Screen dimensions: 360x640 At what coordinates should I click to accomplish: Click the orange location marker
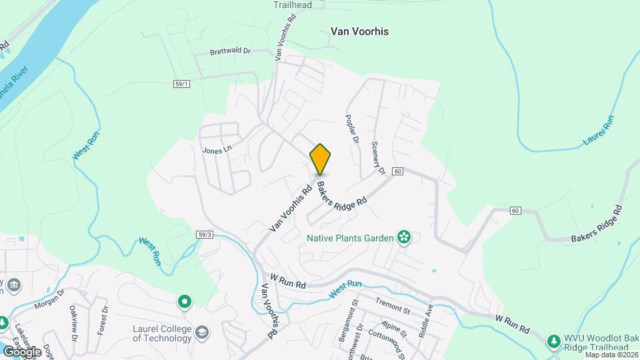pyautogui.click(x=320, y=159)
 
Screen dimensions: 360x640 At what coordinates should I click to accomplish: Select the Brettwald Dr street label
pyautogui.click(x=229, y=51)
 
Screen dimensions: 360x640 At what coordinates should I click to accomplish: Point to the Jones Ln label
pyautogui.click(x=216, y=150)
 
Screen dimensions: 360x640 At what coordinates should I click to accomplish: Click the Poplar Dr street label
pyautogui.click(x=351, y=128)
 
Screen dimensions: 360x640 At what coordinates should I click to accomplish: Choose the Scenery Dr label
pyautogui.click(x=379, y=157)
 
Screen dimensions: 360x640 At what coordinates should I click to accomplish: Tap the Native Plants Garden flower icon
pyautogui.click(x=403, y=237)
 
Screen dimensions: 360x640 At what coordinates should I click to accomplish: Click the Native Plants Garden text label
pyautogui.click(x=350, y=237)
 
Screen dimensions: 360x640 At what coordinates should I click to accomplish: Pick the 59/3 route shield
pyautogui.click(x=205, y=234)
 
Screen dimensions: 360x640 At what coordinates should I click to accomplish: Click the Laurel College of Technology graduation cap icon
pyautogui.click(x=202, y=332)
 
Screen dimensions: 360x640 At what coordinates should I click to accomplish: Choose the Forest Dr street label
pyautogui.click(x=103, y=320)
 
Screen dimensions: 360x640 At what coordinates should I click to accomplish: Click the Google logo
pyautogui.click(x=21, y=351)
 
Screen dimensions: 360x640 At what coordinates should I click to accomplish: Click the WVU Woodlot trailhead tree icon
pyautogui.click(x=553, y=341)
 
